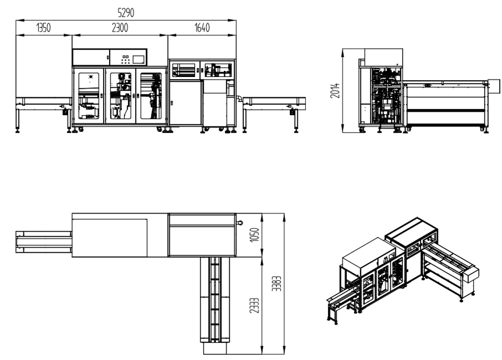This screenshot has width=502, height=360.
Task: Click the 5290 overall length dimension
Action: coord(126,13)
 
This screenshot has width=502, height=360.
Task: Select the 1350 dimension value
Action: coord(43,28)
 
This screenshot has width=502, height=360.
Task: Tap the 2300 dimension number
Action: coord(120,28)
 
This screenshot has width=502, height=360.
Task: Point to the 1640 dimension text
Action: coord(202,28)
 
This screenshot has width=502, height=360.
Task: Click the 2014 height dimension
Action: coord(335,91)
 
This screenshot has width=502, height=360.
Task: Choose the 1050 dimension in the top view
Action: coord(254,235)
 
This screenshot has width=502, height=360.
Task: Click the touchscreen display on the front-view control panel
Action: coord(138,60)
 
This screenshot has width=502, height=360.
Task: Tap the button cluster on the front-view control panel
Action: coord(125,59)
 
